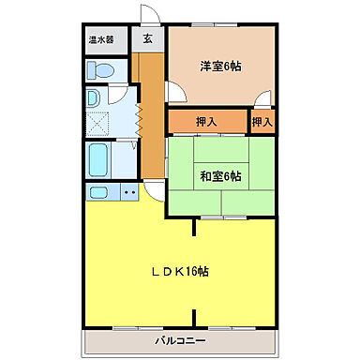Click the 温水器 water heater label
(101, 40)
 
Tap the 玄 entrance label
(148, 40)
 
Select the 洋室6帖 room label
(221, 66)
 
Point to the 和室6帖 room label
(221, 176)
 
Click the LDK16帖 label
(180, 271)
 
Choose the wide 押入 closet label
(206, 122)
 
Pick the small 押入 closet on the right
(262, 122)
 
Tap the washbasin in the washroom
(94, 99)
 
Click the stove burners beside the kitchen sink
(127, 192)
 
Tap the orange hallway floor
(149, 141)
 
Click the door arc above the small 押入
(264, 98)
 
